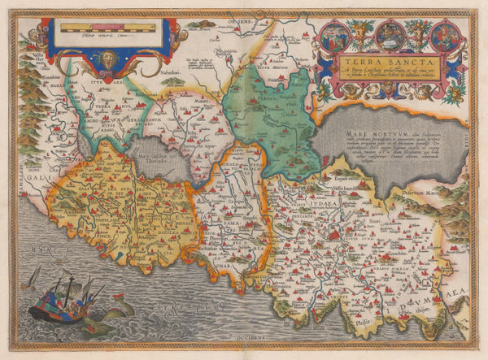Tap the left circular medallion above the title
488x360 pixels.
[x=336, y=34]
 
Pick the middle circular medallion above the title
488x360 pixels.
[x=389, y=33]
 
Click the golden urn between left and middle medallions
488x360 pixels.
[x=363, y=33]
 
